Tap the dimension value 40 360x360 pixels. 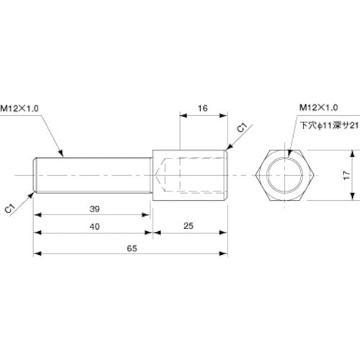point(94,227)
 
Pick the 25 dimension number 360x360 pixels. point(189,227)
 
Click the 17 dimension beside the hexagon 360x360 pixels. point(347,175)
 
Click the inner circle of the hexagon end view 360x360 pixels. point(285,176)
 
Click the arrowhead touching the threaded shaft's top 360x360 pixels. point(65,155)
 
